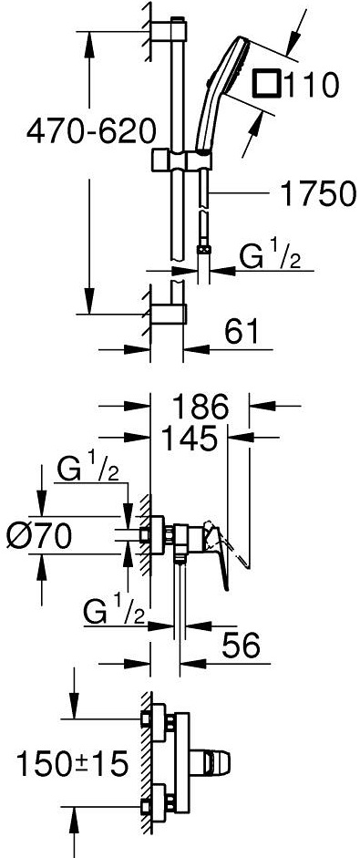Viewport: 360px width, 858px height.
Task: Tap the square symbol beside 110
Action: tap(268, 86)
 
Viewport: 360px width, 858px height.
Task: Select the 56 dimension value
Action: tap(242, 644)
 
